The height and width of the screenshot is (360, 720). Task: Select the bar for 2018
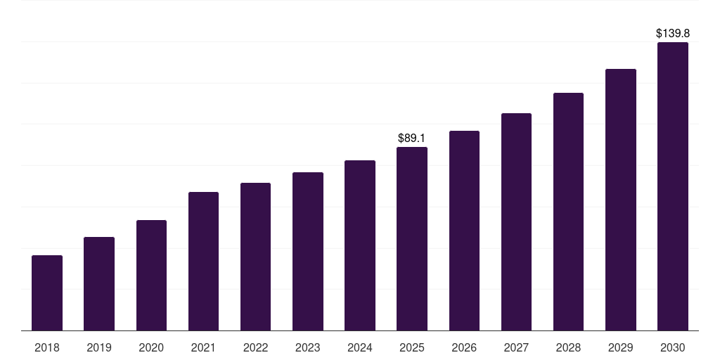(x=47, y=293)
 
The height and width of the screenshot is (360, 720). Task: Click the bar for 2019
(x=99, y=284)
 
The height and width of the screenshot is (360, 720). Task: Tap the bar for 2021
(x=203, y=262)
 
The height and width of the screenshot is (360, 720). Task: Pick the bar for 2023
(x=308, y=252)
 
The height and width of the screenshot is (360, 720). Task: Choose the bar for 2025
(x=412, y=239)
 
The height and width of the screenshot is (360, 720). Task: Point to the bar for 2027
(x=516, y=221)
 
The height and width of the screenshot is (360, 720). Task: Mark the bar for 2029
(x=621, y=200)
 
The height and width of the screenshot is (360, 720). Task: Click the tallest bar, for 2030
(x=673, y=186)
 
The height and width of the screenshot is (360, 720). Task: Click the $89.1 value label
(x=411, y=139)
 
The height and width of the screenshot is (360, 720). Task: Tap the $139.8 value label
(x=673, y=34)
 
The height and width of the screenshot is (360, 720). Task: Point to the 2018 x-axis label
(x=47, y=347)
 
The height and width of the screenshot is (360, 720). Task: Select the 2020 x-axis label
(x=151, y=347)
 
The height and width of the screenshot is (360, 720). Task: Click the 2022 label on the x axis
(x=255, y=347)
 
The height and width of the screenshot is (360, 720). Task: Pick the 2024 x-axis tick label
(x=359, y=347)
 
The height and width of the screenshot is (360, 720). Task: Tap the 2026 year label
(x=464, y=347)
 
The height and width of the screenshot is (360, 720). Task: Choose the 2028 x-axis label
(x=568, y=347)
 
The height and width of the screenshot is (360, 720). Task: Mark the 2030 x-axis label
(x=673, y=347)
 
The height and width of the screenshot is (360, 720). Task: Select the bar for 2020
(x=151, y=276)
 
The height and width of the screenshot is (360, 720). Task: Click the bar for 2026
(x=464, y=231)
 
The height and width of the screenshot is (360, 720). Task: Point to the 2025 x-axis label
(x=412, y=347)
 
